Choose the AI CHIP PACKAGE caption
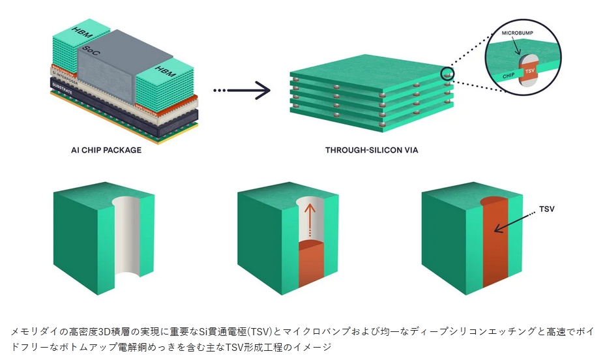(106, 150)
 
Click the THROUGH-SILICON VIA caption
(372, 150)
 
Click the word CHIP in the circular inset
(509, 76)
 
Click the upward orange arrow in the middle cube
(311, 215)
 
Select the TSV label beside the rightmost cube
(548, 210)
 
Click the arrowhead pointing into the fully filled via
(497, 229)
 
